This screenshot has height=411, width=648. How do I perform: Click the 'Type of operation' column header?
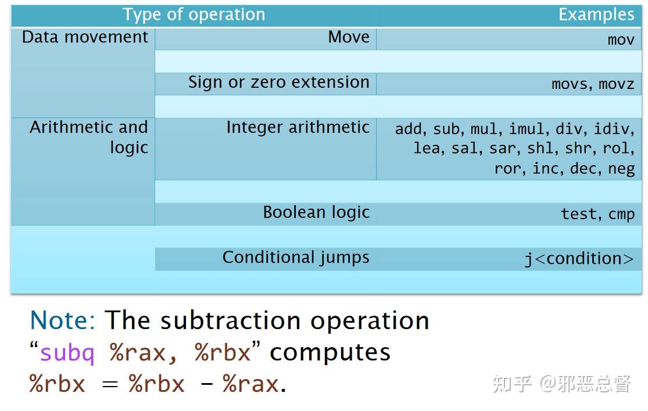click(194, 15)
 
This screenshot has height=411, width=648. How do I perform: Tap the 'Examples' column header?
click(596, 15)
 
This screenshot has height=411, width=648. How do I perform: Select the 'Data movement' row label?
click(85, 37)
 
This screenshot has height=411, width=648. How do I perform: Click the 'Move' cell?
click(349, 37)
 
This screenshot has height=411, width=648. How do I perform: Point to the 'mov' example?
click(621, 40)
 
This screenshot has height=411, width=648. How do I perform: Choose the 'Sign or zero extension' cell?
click(278, 83)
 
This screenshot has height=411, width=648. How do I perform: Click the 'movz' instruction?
click(616, 84)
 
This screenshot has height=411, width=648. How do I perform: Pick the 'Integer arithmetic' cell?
click(298, 127)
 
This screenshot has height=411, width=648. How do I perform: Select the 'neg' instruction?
click(621, 169)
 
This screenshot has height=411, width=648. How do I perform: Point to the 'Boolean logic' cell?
click(316, 213)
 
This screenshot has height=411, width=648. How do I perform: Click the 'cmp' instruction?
click(621, 214)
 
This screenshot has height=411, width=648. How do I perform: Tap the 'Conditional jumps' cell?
click(296, 258)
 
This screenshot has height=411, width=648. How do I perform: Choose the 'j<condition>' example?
click(579, 259)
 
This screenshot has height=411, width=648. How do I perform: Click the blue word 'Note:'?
click(63, 320)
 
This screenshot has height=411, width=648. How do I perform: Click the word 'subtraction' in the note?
click(231, 321)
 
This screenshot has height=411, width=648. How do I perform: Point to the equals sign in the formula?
click(110, 384)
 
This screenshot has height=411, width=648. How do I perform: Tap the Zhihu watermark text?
click(561, 384)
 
